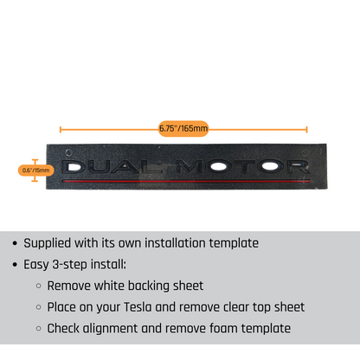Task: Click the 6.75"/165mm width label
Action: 183,129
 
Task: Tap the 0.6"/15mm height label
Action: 36,170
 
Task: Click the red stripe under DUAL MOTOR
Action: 187,181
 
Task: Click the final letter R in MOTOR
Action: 298,167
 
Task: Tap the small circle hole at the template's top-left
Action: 68,152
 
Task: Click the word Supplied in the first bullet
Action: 48,243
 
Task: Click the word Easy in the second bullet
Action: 36,265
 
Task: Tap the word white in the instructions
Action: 109,286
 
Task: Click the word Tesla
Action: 138,307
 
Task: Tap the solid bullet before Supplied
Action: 15,243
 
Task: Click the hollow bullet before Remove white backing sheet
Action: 39,286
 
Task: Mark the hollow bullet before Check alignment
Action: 39,329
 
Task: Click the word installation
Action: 175,243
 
